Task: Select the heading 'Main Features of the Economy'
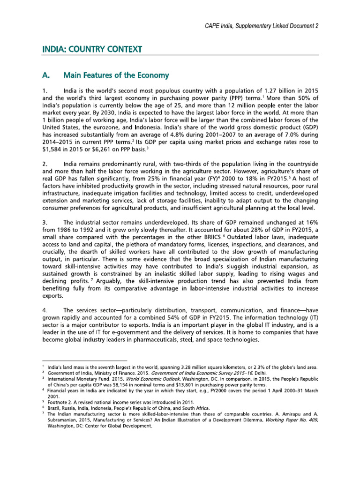[116, 75]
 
